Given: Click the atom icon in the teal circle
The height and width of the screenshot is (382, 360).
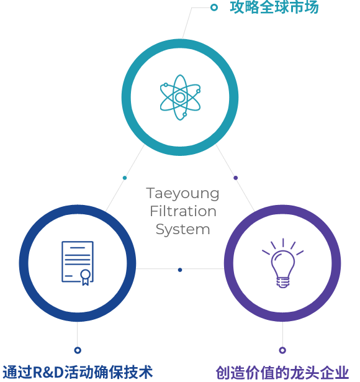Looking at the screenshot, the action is (180, 97).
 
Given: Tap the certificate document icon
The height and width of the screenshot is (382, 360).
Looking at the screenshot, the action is (78, 263).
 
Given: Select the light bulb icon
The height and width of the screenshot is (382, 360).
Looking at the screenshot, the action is (283, 263).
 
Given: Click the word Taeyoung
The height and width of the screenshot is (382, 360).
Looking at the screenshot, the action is (182, 194).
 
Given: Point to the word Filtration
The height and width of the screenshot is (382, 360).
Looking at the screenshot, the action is (183, 211).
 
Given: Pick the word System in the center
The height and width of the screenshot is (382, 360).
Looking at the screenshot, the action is (183, 229).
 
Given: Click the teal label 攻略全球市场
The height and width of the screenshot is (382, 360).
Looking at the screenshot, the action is (274, 7).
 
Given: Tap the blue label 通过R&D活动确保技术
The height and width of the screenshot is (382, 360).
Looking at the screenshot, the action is (78, 372).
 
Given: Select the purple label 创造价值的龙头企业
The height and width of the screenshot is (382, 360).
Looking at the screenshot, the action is (282, 373).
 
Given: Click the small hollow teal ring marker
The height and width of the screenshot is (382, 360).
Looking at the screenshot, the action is (214, 7).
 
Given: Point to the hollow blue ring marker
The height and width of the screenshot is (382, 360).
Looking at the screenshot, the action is (78, 350).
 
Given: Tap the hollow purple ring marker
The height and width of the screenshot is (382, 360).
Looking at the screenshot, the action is (282, 350).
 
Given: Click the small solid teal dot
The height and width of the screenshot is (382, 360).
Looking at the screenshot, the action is (125, 178).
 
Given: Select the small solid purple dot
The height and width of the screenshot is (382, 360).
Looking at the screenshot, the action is (236, 178).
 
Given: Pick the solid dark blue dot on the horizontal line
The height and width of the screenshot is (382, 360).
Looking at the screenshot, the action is (180, 270).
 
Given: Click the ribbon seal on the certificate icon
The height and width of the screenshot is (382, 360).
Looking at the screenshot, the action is (86, 277).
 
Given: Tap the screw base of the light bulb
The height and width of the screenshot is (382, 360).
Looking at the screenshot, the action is (283, 283).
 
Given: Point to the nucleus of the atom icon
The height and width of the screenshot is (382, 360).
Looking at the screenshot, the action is (180, 98).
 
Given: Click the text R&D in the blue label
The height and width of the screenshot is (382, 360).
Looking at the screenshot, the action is (48, 372).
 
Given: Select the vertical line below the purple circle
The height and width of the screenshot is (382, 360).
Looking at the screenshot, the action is (282, 334).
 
